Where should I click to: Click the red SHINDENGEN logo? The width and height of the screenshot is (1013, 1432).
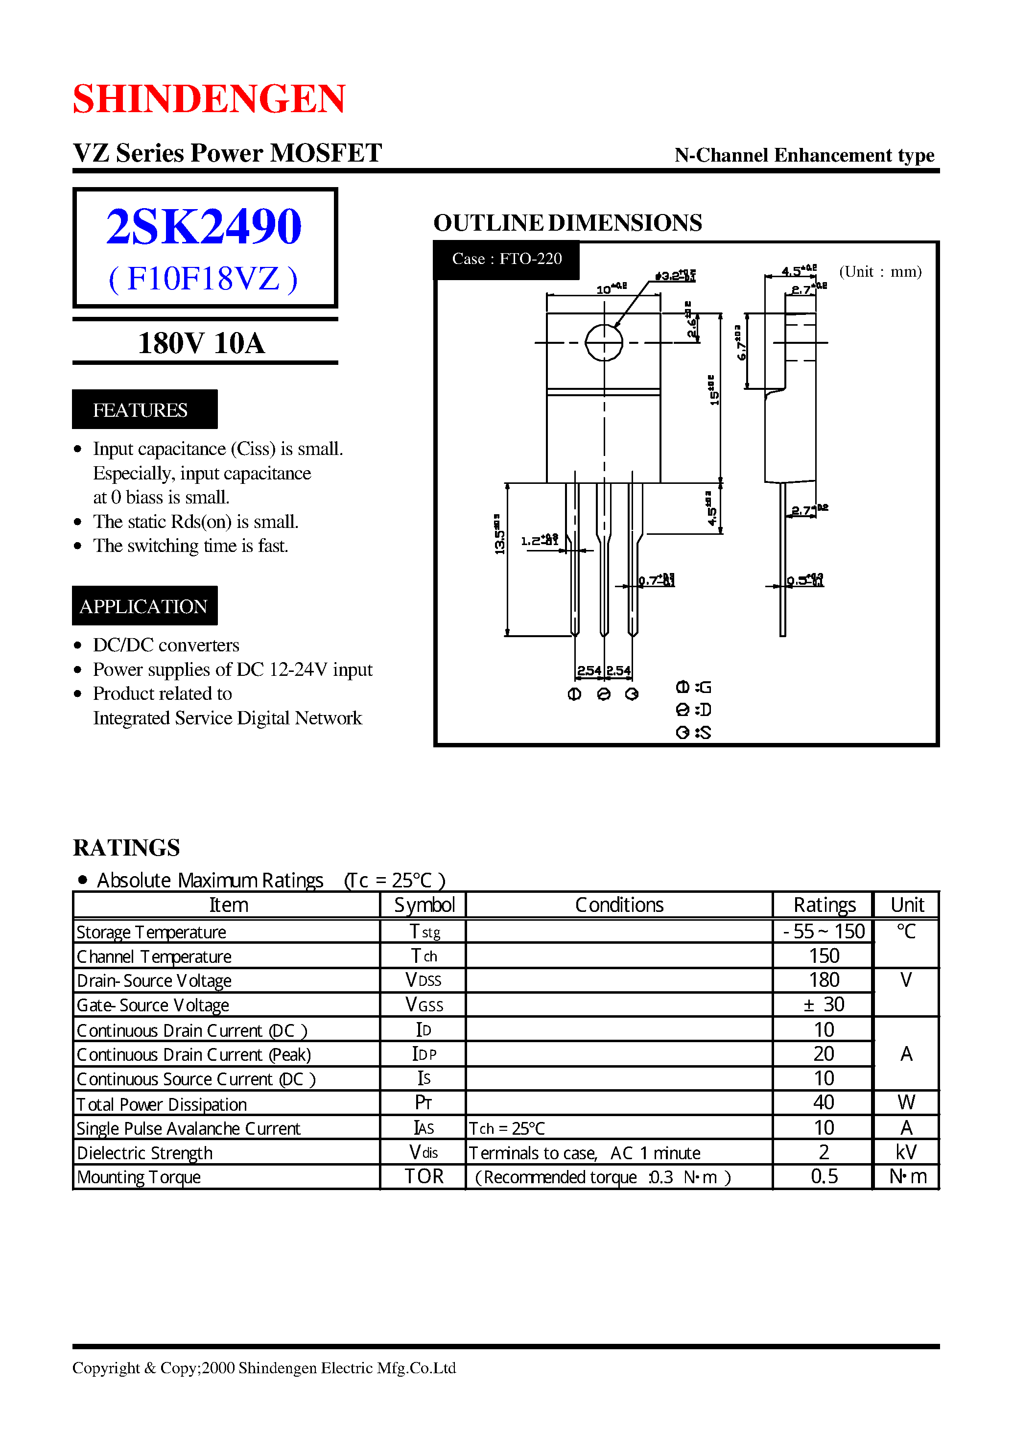point(209,98)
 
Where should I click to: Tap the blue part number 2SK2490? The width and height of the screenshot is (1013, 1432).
point(204,226)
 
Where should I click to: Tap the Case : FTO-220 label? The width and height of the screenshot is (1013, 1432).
point(506,259)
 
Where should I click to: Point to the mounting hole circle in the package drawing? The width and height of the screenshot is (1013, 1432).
point(604,342)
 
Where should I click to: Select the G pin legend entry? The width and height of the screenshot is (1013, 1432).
point(694,688)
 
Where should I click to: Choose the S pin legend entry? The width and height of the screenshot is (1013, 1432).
point(694,733)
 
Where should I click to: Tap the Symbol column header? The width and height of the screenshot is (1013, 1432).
point(424,905)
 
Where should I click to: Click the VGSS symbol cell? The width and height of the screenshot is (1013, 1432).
point(424,1004)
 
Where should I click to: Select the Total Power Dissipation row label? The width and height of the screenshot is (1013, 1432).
point(162,1104)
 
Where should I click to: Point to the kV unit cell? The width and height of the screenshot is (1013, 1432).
point(906,1152)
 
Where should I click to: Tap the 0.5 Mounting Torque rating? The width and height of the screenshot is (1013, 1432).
point(824,1177)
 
